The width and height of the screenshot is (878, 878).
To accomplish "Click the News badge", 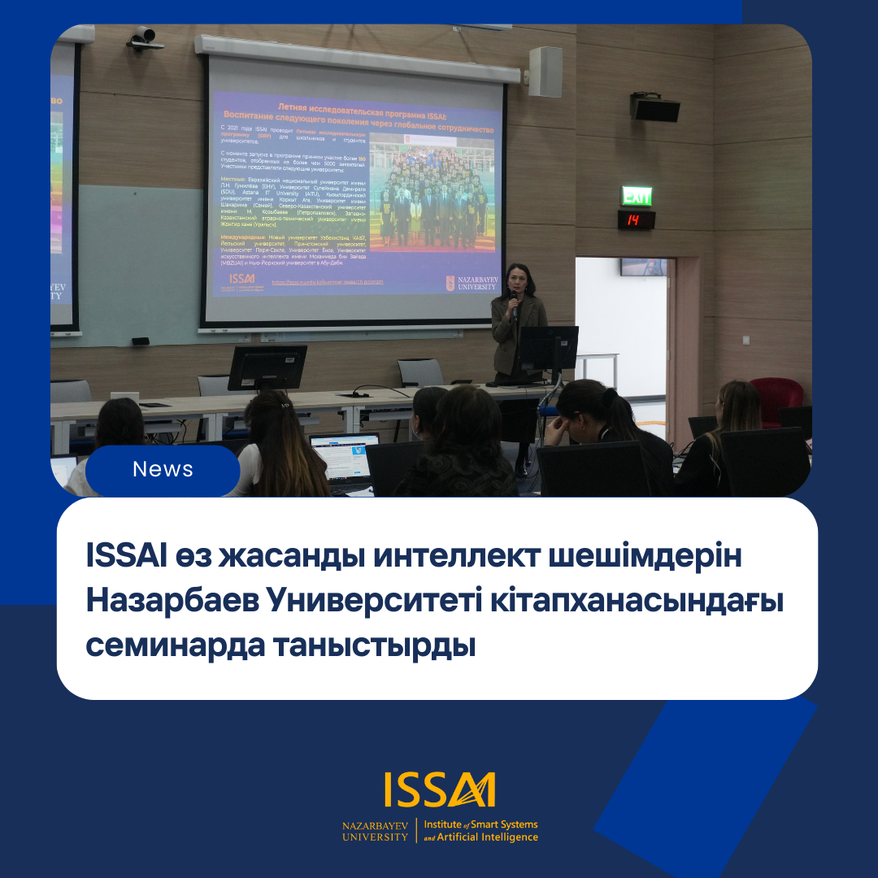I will coord(163,470).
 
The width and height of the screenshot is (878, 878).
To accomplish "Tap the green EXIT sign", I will coord(637,197).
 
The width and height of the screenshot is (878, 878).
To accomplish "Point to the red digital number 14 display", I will coord(636,219).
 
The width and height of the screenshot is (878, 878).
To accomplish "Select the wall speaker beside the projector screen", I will coord(545,72).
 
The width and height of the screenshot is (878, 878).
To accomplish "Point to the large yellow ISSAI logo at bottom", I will coord(439,791).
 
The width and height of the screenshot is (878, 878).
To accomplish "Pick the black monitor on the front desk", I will coord(267,367).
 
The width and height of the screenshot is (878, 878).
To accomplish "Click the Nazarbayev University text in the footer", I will coord(376,831).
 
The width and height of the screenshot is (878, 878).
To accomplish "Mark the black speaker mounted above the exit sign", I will coord(655,107).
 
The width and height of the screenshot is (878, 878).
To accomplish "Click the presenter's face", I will coord(517,279).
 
